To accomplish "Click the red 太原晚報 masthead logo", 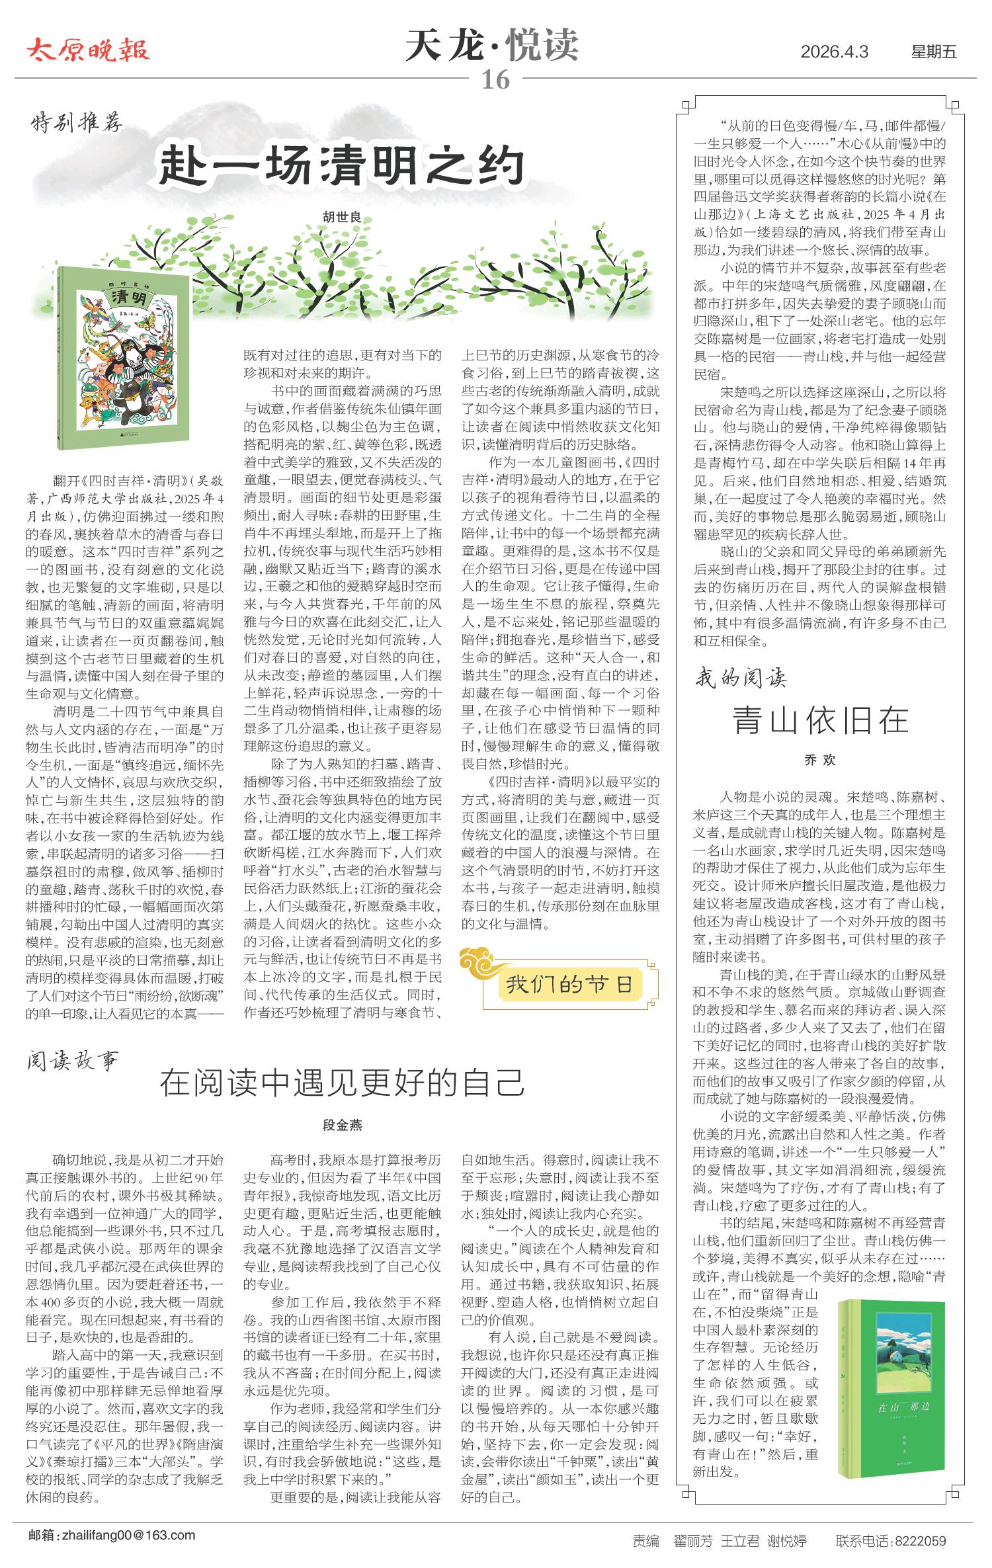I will click(88, 50).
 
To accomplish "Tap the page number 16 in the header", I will click(495, 80).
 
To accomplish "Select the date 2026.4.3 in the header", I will click(834, 52).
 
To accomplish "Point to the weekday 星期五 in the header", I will click(933, 52).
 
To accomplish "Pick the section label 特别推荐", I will click(77, 122).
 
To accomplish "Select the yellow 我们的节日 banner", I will click(569, 983).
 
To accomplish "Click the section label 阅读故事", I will click(72, 1060).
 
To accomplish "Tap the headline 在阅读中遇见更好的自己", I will click(342, 1083).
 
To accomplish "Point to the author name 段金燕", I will click(342, 1124).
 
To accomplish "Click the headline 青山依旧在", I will click(820, 720).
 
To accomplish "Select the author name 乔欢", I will click(820, 760).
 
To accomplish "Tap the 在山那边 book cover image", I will click(891, 1388).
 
